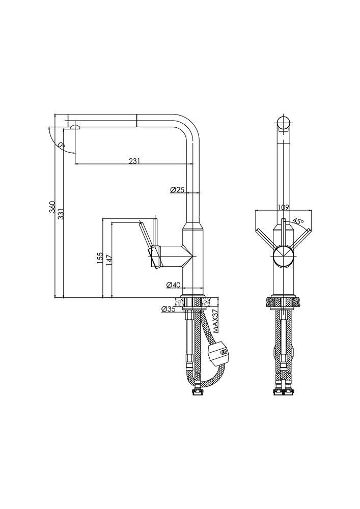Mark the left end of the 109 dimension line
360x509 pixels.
point(256,210)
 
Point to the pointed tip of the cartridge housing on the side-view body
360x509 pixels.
point(193,256)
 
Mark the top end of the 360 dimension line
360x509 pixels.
point(55,114)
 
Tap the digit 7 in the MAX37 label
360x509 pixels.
point(214,313)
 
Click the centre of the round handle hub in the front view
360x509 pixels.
point(284,256)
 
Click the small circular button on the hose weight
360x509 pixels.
point(223,353)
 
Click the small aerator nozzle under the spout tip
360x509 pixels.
point(75,127)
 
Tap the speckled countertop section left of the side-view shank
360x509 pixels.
point(179,301)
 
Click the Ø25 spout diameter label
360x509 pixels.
point(177,189)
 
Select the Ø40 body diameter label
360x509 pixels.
point(173,285)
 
